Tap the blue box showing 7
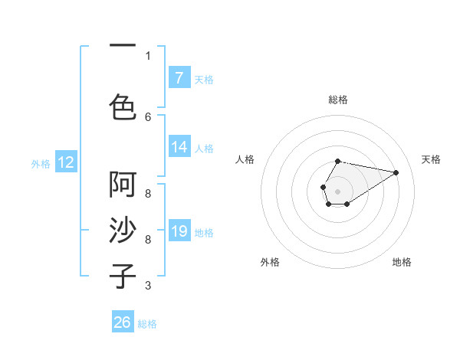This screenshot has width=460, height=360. click(179, 77)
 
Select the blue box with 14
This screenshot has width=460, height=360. click(179, 147)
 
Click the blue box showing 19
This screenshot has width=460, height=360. click(179, 231)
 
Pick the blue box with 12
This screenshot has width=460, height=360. click(65, 162)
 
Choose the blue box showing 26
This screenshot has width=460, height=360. click(123, 322)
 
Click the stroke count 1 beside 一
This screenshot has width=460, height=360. click(148, 55)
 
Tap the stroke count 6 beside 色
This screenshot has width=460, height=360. click(148, 116)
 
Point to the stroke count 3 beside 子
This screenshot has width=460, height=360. click(148, 286)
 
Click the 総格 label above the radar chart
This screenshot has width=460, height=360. click(338, 100)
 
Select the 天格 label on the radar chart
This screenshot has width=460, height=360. click(431, 159)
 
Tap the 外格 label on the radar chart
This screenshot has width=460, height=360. click(270, 262)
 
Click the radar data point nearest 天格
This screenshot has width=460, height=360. click(396, 172)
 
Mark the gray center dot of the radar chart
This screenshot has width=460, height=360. click(337, 190)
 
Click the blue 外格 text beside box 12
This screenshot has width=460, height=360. click(41, 163)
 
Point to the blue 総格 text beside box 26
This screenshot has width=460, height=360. click(147, 324)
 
